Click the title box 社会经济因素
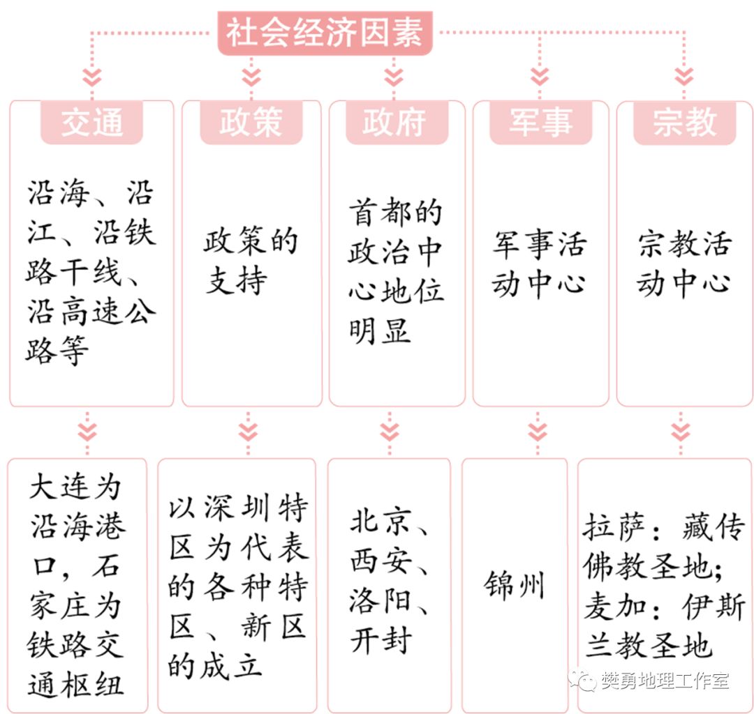coord(325,33)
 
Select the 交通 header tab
coord(91,123)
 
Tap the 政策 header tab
coord(251,123)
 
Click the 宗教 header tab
coord(685,123)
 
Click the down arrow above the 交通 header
coord(91,75)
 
